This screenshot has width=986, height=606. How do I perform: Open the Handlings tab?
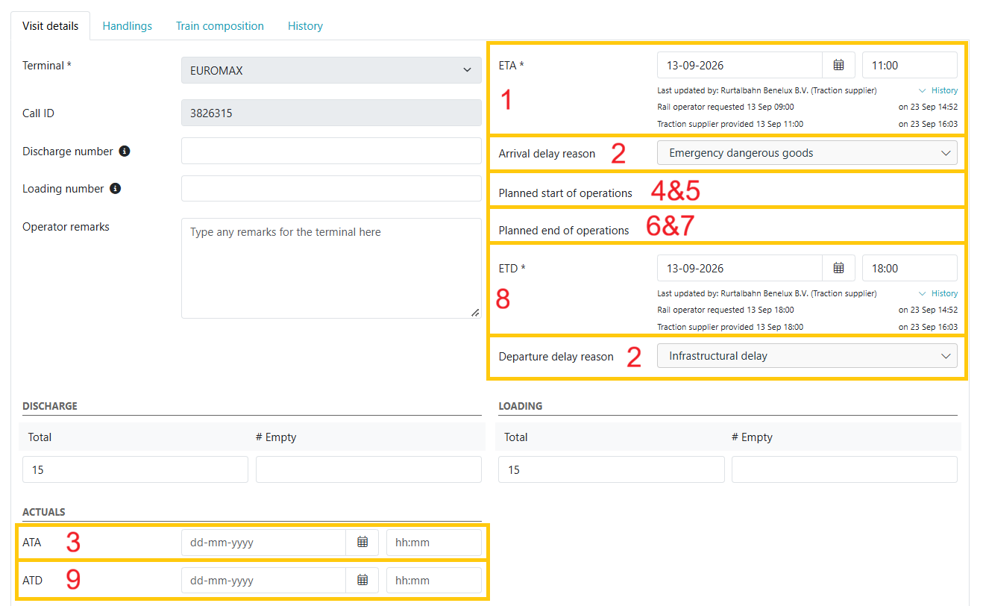click(127, 26)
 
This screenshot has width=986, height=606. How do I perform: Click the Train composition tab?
click(219, 26)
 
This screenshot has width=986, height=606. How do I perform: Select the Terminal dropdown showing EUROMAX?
click(331, 70)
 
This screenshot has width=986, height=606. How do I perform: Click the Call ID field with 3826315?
click(331, 113)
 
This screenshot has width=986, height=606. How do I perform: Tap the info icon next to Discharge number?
click(125, 151)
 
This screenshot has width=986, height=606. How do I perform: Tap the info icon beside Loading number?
click(116, 189)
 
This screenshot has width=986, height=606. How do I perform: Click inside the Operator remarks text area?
click(331, 268)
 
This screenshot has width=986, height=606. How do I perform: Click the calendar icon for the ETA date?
click(838, 65)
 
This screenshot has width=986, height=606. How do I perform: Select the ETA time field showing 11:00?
click(909, 65)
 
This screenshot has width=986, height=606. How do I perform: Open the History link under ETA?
click(944, 90)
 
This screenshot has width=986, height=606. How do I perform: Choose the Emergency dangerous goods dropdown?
click(807, 153)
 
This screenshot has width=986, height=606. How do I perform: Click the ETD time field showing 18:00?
click(909, 268)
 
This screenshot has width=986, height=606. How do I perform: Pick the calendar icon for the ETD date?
click(838, 268)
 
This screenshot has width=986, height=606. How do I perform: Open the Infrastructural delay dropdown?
click(807, 356)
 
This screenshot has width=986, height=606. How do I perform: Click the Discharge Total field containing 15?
click(135, 469)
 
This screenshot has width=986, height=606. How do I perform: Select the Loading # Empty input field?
click(844, 469)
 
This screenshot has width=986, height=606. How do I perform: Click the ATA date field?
click(263, 542)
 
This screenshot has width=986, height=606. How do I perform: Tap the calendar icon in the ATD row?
click(362, 580)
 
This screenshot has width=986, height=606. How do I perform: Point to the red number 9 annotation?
click(73, 579)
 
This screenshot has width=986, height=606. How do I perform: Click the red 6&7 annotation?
click(670, 225)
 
